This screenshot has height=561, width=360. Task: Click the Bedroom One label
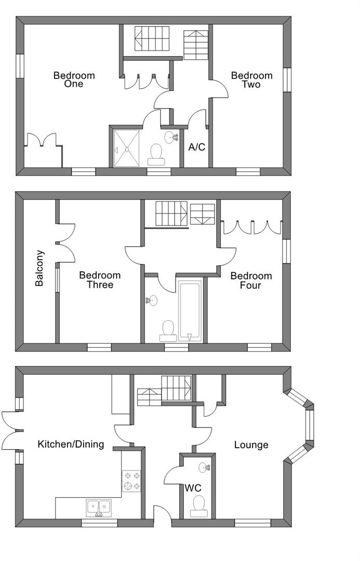click(74, 79)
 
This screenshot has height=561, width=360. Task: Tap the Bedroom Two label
click(251, 80)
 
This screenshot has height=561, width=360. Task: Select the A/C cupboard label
click(197, 146)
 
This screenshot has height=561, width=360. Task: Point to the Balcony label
click(39, 268)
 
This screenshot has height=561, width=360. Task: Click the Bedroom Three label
click(100, 280)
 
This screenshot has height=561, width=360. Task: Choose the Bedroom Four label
click(251, 280)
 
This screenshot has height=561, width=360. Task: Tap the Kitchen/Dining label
click(71, 444)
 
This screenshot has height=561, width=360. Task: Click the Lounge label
click(251, 445)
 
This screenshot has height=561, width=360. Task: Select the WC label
click(193, 488)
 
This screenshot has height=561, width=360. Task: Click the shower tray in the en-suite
click(127, 148)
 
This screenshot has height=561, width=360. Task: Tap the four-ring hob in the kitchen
click(132, 481)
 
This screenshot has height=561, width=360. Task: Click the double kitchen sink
click(98, 508)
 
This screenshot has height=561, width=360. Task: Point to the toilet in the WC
click(198, 506)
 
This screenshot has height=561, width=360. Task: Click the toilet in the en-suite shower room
click(156, 155)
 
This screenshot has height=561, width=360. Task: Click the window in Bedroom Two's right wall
click(287, 80)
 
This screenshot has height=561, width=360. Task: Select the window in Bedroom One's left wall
click(20, 66)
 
